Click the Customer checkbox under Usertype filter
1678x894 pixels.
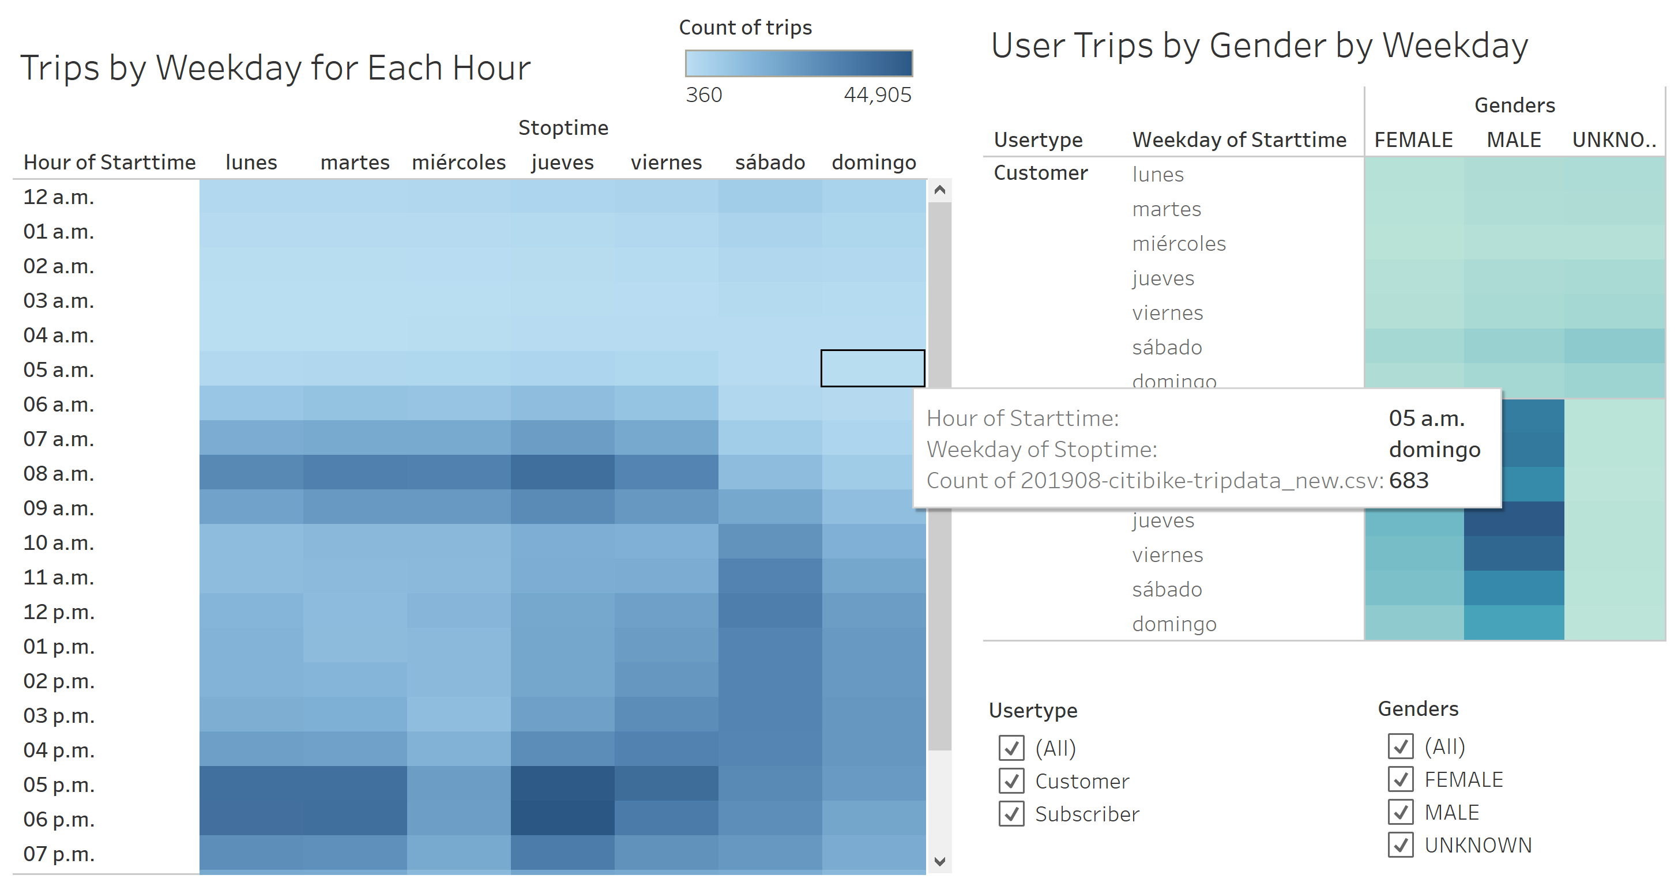point(1011,780)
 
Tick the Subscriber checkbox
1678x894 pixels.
point(1011,814)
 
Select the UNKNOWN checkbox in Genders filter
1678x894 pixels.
point(1400,845)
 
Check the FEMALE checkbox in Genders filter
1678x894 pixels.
point(1400,779)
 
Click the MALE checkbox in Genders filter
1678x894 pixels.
point(1400,812)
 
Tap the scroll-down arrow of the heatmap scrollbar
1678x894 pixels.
point(939,862)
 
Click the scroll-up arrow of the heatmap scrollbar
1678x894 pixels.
point(939,190)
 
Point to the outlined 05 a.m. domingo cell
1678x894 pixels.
point(872,368)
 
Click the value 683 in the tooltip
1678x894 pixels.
point(1408,481)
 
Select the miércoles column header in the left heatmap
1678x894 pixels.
point(458,162)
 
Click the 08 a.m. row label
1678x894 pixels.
point(59,473)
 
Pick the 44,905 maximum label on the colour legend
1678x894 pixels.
point(878,95)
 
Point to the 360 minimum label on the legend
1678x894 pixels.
point(703,95)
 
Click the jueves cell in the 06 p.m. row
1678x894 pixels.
point(562,818)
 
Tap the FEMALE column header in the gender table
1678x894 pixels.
point(1413,140)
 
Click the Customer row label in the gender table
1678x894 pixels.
point(1040,173)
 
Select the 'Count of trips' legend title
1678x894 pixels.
point(745,27)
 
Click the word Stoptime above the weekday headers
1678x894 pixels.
point(563,127)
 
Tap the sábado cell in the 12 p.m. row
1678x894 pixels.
point(770,612)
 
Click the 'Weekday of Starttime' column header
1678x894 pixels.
point(1239,140)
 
